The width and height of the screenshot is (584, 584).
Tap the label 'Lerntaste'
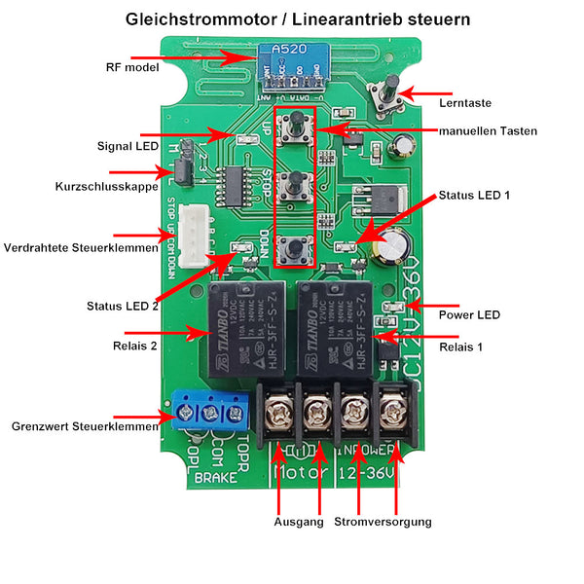(x=465, y=102)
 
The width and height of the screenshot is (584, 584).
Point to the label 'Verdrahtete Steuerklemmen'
(x=81, y=247)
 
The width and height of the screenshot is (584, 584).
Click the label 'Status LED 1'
(x=474, y=196)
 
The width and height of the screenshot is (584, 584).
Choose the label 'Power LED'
(x=469, y=314)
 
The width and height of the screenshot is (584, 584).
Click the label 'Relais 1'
(x=460, y=346)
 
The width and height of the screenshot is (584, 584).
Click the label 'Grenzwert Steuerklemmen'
(x=84, y=426)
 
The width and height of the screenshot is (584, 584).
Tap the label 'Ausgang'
(x=299, y=523)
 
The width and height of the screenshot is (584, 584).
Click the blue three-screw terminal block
(x=208, y=412)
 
